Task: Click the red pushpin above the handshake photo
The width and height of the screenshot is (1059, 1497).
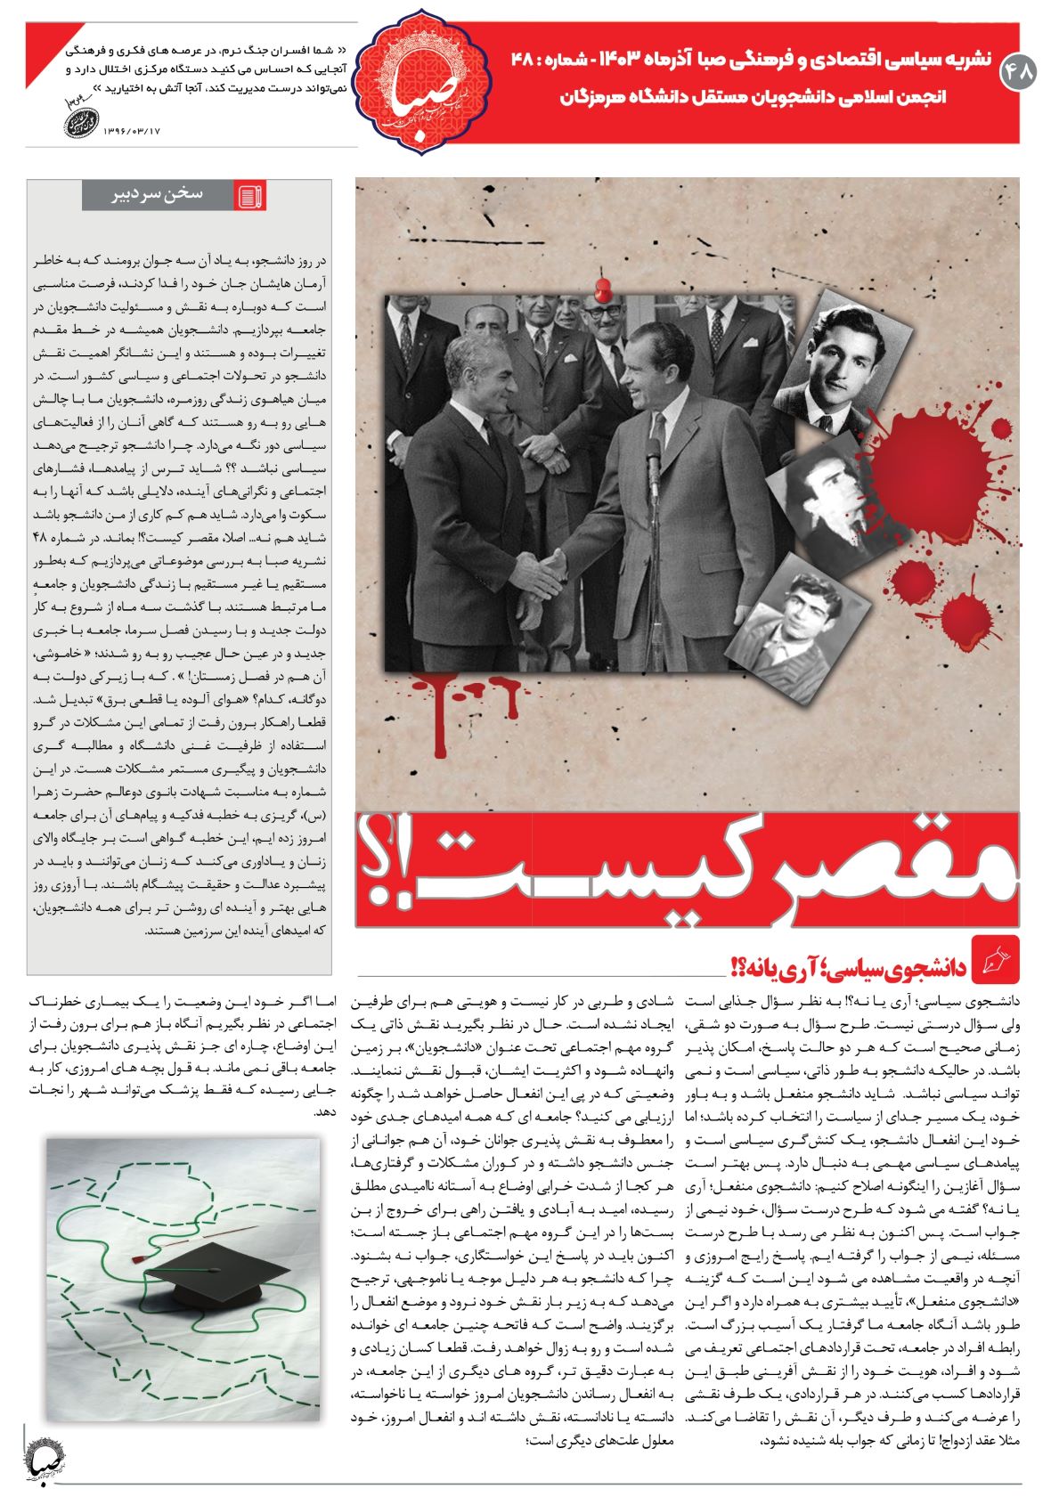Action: [x=605, y=289]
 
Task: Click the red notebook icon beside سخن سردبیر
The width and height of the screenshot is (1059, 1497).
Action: [x=250, y=196]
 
